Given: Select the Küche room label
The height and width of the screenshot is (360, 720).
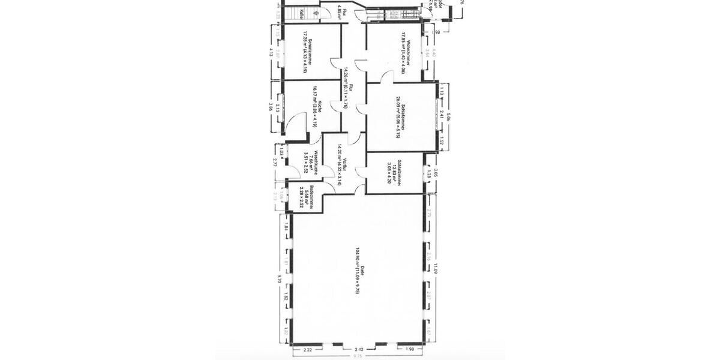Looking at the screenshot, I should pyautogui.click(x=321, y=106).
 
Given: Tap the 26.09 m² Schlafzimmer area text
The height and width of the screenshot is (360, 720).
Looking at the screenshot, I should pyautogui.click(x=398, y=117).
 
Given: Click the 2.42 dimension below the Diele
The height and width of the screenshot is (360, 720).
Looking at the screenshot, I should pyautogui.click(x=359, y=349).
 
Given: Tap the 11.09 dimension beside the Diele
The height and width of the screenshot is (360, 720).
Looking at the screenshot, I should pyautogui.click(x=436, y=269).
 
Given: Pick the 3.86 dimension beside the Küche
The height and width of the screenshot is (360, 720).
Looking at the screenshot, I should pyautogui.click(x=271, y=107).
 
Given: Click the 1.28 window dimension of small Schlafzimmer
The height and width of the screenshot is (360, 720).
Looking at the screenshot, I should pyautogui.click(x=428, y=175).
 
